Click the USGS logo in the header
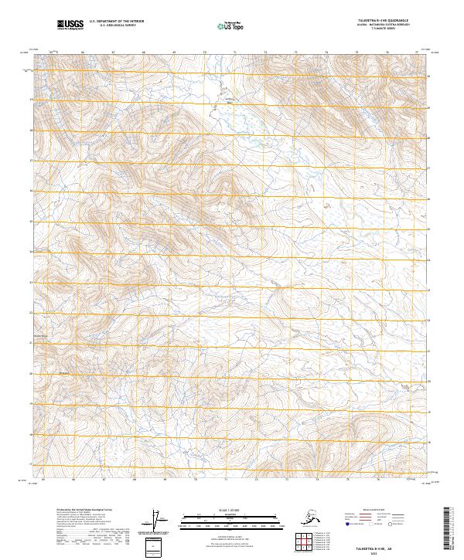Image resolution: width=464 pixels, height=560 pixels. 68,25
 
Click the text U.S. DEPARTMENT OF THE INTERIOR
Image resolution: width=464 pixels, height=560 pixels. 116,22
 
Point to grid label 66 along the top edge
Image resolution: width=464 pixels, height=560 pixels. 82,53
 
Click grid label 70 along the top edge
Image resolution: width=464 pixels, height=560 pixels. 204,53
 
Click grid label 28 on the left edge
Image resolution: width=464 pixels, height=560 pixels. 32,130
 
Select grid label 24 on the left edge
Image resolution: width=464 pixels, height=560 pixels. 32,252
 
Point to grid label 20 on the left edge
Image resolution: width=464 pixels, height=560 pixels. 32,373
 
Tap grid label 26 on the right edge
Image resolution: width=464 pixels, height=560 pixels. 429,198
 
